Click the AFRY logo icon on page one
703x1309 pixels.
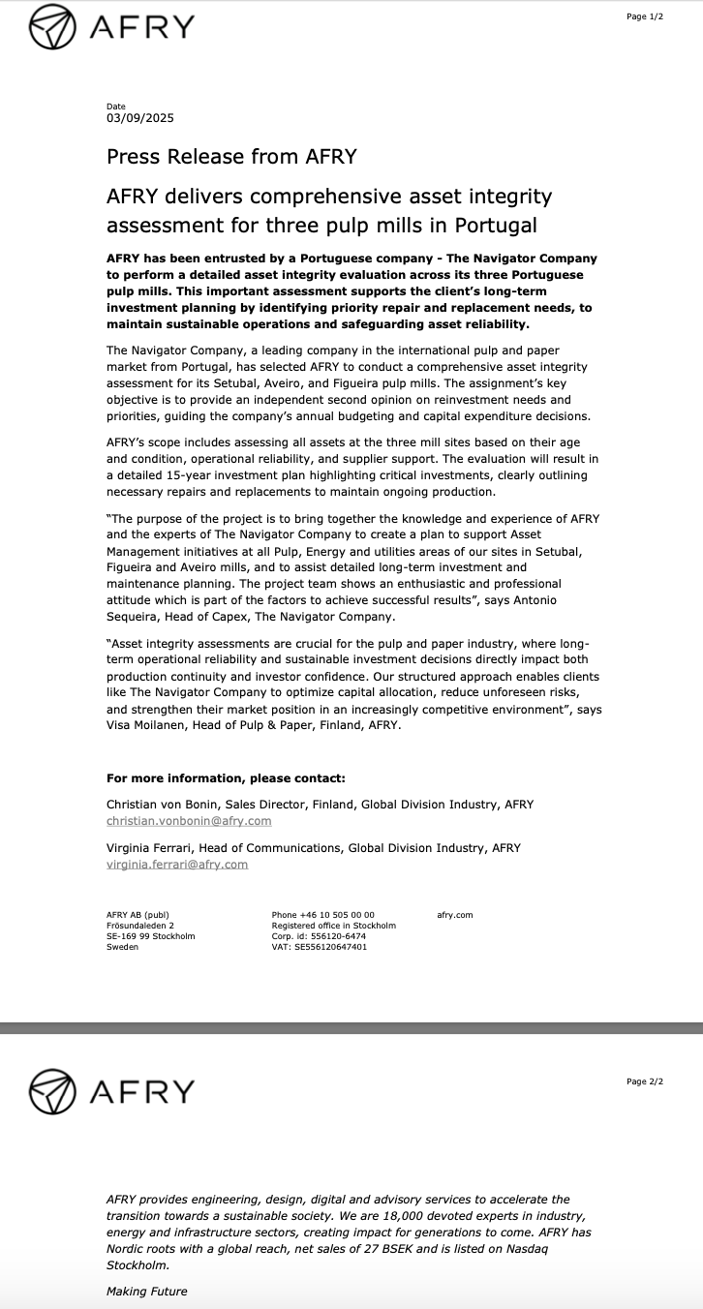click(x=52, y=27)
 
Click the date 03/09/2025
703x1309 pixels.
click(x=140, y=118)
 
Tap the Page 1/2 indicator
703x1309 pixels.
click(x=645, y=16)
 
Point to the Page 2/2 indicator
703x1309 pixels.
click(x=645, y=1081)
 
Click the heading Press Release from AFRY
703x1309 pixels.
click(x=231, y=156)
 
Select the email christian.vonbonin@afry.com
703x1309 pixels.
click(x=189, y=820)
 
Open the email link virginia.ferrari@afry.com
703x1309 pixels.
click(x=177, y=864)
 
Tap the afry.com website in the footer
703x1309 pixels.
click(x=455, y=915)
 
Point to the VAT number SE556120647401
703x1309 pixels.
click(x=331, y=947)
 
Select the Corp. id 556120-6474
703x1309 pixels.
click(x=333, y=936)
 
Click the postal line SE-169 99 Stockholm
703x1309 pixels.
click(x=150, y=936)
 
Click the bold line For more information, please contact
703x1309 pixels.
click(x=226, y=777)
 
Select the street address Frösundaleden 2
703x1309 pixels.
click(x=140, y=926)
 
